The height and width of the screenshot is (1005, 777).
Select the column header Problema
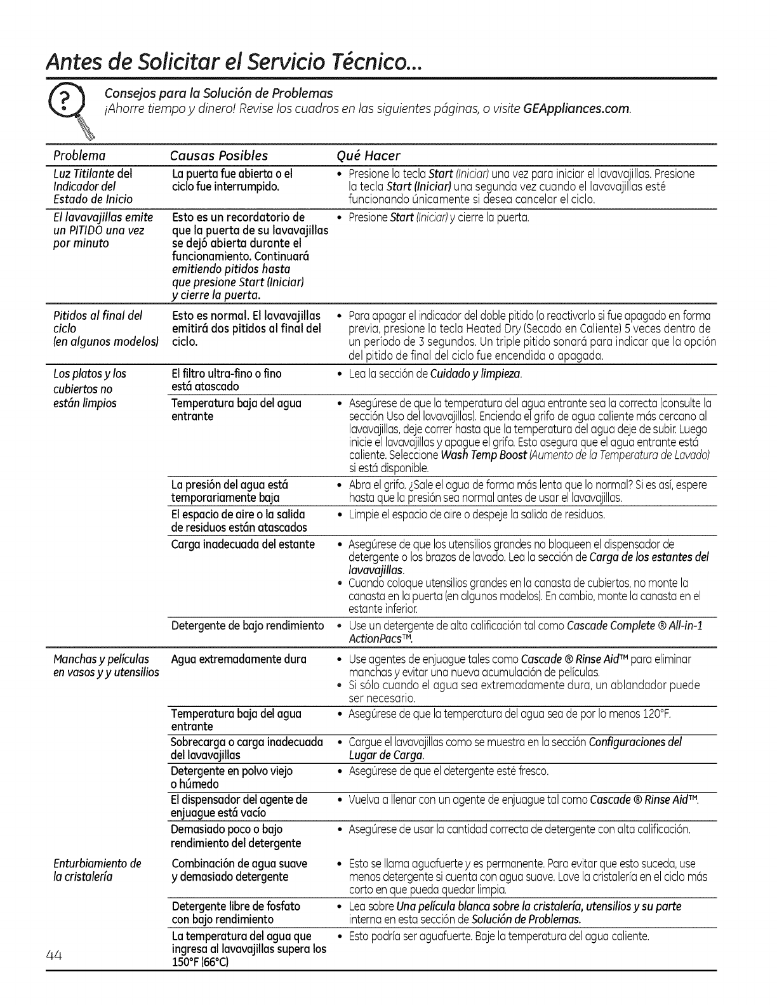click(x=79, y=155)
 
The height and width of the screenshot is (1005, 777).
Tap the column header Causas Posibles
click(x=219, y=155)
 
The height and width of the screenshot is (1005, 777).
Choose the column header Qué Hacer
click(x=368, y=155)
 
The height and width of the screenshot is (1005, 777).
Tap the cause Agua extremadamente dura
click(x=239, y=659)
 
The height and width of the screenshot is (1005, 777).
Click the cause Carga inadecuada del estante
click(x=243, y=544)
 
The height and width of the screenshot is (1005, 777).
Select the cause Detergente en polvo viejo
click(x=232, y=771)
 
